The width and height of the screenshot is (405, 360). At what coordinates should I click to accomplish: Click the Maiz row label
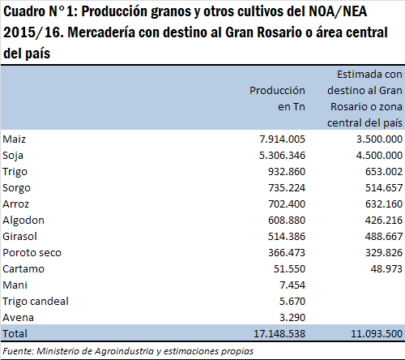tap(14, 139)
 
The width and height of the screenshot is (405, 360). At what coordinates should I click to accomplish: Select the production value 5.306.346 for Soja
tap(282, 156)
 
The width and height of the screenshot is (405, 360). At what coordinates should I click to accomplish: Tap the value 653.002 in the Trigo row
tap(384, 172)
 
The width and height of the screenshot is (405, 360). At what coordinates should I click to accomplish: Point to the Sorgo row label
tap(16, 188)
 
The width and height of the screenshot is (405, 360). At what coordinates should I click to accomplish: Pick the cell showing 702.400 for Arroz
tap(287, 204)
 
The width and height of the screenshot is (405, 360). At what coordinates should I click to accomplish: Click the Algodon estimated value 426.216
tap(384, 221)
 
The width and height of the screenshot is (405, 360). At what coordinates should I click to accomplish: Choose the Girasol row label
tap(19, 237)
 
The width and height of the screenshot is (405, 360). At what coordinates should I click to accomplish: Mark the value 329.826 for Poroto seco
tap(384, 253)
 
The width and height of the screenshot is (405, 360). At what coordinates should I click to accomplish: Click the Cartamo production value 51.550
tap(289, 269)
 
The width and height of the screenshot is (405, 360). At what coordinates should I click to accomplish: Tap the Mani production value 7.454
tap(292, 285)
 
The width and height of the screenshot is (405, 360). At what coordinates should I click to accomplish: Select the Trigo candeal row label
tap(36, 302)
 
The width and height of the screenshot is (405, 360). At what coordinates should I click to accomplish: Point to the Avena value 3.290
tap(292, 318)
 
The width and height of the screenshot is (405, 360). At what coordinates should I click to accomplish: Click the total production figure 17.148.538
tap(279, 334)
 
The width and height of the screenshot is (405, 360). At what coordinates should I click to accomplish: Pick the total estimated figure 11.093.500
tap(377, 334)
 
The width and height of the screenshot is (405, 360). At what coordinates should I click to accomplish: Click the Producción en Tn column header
tap(277, 99)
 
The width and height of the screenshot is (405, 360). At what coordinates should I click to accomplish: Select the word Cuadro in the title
tap(24, 11)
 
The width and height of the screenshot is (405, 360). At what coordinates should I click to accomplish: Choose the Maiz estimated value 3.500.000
tap(379, 139)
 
